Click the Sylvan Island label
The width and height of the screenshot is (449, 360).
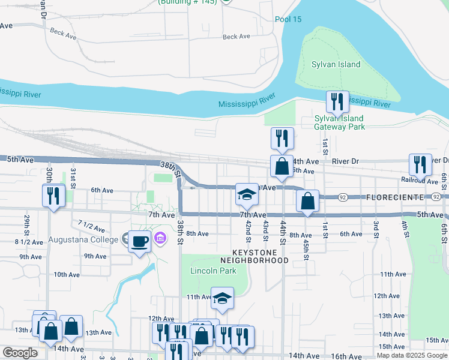(336, 65)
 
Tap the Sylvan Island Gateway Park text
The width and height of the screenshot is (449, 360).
(339, 122)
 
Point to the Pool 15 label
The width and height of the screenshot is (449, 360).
(288, 19)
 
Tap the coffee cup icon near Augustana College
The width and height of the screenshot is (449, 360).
(139, 242)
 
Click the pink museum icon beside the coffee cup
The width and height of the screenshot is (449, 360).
(160, 239)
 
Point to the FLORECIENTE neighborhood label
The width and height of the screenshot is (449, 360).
(394, 197)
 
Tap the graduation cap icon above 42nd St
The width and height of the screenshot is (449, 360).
(247, 194)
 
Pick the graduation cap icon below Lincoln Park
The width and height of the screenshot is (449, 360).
(222, 298)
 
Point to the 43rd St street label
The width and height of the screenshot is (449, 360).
(265, 230)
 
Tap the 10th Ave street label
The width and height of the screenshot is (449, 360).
(67, 275)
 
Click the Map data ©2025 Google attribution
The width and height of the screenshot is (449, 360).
(411, 355)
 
